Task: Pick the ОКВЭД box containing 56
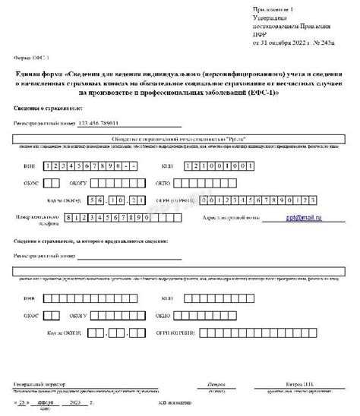click(95, 200)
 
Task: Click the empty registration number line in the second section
click(129, 257)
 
